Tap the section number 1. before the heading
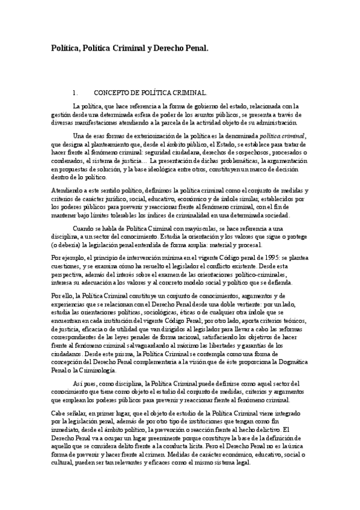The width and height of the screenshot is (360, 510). pos(74,93)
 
